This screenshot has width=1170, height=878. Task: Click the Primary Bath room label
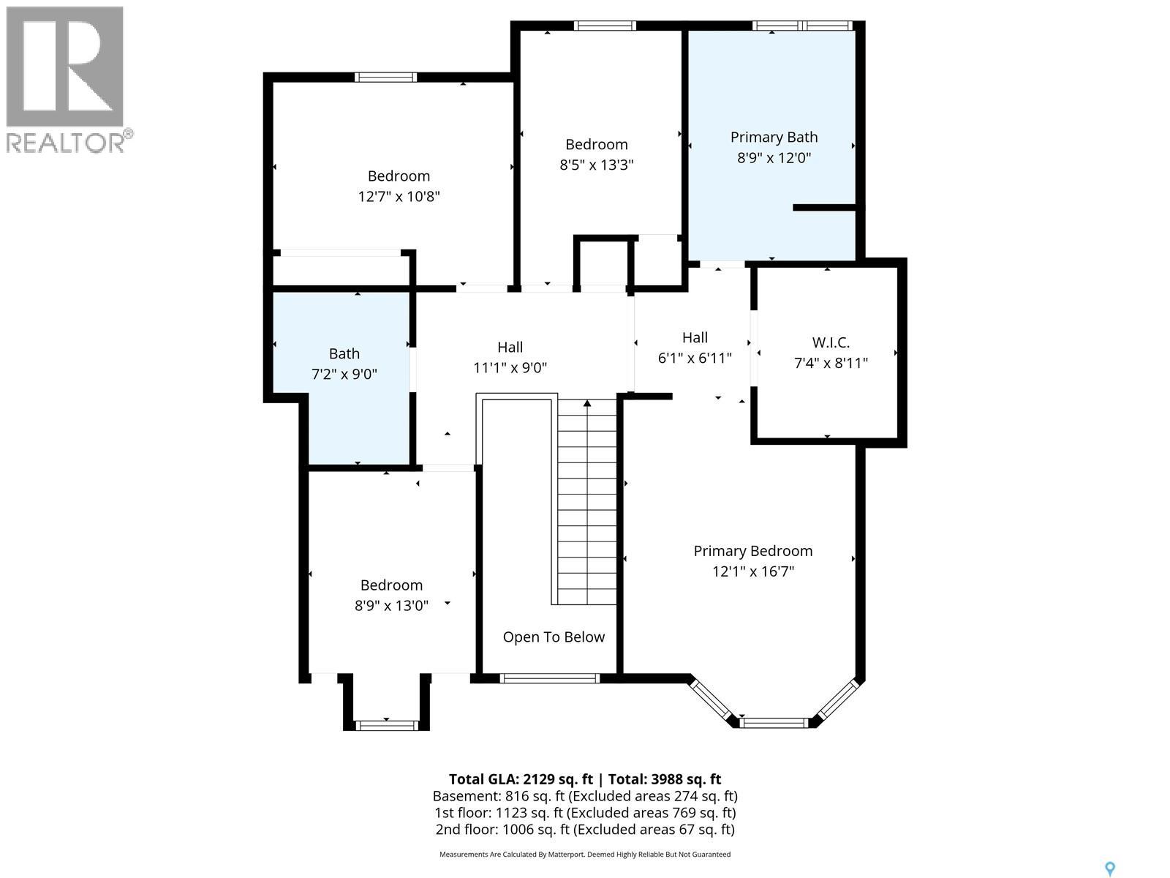pyautogui.click(x=774, y=138)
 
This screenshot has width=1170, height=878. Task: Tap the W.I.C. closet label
pyautogui.click(x=831, y=342)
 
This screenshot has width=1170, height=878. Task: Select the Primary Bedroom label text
pyautogui.click(x=752, y=551)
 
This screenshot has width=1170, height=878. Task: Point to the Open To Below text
pyautogui.click(x=554, y=637)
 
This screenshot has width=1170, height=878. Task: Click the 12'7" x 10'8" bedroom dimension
pyautogui.click(x=399, y=197)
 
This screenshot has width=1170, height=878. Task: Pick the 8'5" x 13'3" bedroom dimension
pyautogui.click(x=597, y=165)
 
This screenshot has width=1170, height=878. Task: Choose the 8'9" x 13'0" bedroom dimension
pyautogui.click(x=392, y=606)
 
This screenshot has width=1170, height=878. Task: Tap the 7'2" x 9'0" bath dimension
pyautogui.click(x=344, y=374)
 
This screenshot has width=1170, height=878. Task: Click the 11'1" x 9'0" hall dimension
pyautogui.click(x=510, y=368)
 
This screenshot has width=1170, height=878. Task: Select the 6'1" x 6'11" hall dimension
pyautogui.click(x=695, y=359)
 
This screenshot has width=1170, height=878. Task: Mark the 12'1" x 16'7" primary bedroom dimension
pyautogui.click(x=753, y=571)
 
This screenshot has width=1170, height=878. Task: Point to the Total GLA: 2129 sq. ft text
pyautogui.click(x=521, y=779)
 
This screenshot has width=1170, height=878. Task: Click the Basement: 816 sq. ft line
pyautogui.click(x=585, y=797)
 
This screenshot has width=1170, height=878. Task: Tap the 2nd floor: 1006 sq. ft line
pyautogui.click(x=585, y=830)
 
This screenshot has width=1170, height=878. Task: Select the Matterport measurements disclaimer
pyautogui.click(x=585, y=854)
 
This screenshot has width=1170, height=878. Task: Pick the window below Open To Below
pyautogui.click(x=550, y=678)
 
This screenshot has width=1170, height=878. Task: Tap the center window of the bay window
pyautogui.click(x=774, y=723)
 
